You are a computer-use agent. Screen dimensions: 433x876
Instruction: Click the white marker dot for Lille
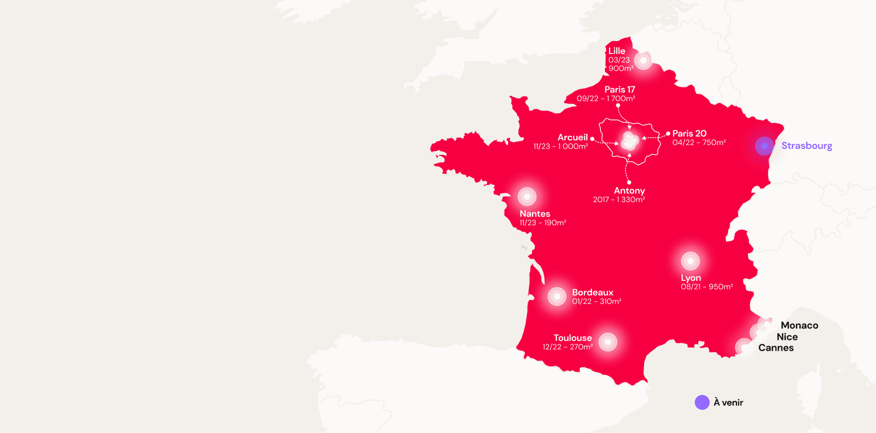643,61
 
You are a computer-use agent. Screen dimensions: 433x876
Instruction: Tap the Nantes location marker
527,196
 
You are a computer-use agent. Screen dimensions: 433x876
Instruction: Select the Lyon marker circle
690,261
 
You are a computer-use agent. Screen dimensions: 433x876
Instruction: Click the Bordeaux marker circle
557,297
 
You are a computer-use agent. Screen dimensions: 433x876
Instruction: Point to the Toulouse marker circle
607,342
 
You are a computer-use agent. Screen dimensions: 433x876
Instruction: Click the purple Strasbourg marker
764,146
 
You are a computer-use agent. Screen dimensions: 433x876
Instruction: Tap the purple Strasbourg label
807,146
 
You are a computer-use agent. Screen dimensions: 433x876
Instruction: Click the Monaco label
799,326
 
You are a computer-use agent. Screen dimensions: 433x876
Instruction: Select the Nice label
787,337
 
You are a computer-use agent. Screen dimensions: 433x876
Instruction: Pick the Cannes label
776,348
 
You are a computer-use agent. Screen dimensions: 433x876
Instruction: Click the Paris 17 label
619,89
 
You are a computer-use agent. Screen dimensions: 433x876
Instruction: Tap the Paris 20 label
689,134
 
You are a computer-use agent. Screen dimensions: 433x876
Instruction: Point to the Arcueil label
573,137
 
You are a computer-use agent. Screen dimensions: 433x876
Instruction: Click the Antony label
629,191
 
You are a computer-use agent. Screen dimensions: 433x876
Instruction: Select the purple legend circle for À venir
702,403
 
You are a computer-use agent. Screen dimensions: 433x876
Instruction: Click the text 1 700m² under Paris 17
621,99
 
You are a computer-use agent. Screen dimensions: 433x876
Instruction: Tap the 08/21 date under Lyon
690,287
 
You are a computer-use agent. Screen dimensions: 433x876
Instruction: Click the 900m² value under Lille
621,68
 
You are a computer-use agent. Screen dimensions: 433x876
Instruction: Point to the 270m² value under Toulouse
581,347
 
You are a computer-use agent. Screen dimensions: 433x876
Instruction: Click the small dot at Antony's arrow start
629,182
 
